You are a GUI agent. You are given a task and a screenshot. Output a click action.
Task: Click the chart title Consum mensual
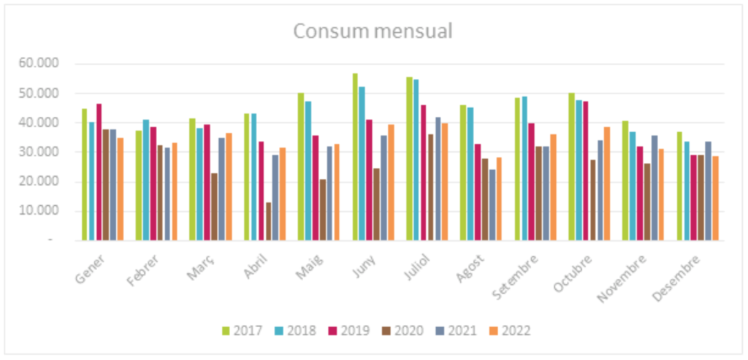click(373, 31)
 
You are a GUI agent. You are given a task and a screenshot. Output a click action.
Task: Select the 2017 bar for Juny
click(355, 157)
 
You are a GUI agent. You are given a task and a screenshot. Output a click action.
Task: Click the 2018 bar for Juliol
click(416, 160)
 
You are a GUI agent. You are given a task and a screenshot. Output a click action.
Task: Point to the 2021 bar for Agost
click(492, 205)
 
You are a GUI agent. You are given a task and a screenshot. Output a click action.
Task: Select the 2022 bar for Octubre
click(606, 184)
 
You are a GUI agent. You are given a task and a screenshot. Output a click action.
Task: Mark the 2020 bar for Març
click(214, 207)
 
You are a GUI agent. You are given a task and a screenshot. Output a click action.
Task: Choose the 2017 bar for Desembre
click(679, 186)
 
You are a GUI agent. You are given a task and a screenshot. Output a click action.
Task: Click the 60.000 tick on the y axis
click(41, 64)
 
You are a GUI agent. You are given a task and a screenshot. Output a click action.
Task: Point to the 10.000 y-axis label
click(41, 211)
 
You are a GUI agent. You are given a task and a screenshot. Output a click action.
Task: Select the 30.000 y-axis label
click(41, 153)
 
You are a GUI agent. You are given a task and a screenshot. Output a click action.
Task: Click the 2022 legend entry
click(510, 331)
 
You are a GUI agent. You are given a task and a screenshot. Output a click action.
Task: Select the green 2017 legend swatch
click(226, 331)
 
